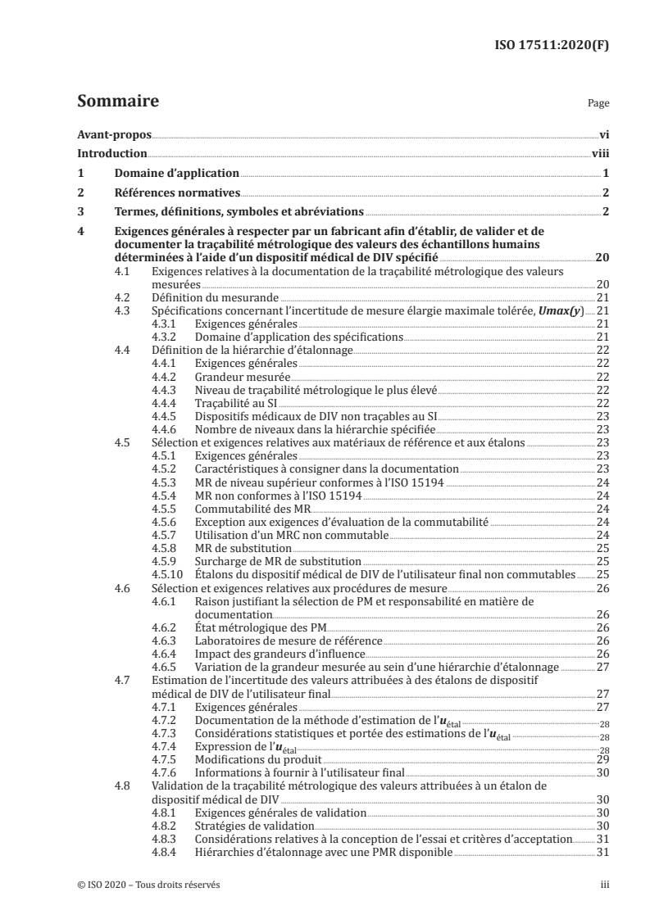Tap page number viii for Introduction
pyautogui.click(x=599, y=153)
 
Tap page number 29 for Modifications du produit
pyautogui.click(x=601, y=759)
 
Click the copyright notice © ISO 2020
pyautogui.click(x=148, y=885)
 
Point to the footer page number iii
pyautogui.click(x=602, y=885)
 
